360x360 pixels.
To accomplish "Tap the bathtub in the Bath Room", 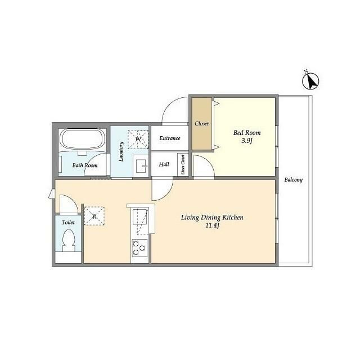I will (x=82, y=140).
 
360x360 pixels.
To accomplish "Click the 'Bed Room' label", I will (x=247, y=133).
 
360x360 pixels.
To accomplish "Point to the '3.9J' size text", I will (x=247, y=141).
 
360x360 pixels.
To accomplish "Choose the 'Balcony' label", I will (x=293, y=180).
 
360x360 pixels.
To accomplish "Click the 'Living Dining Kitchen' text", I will (x=211, y=218).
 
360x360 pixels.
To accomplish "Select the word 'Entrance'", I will (x=169, y=138).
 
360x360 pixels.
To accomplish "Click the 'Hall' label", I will (x=164, y=165).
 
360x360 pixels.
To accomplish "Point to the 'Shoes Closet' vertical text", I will (x=183, y=165).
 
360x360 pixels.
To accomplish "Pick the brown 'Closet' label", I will (x=201, y=124).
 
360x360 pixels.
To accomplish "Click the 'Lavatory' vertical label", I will (x=121, y=151).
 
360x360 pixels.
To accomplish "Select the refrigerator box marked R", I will (x=94, y=215).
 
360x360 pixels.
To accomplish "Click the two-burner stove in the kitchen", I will (x=139, y=247).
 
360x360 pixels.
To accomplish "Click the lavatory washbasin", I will (x=140, y=166).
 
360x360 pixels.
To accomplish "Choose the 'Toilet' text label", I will (x=68, y=223).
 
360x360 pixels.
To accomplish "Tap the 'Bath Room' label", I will (x=85, y=165).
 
